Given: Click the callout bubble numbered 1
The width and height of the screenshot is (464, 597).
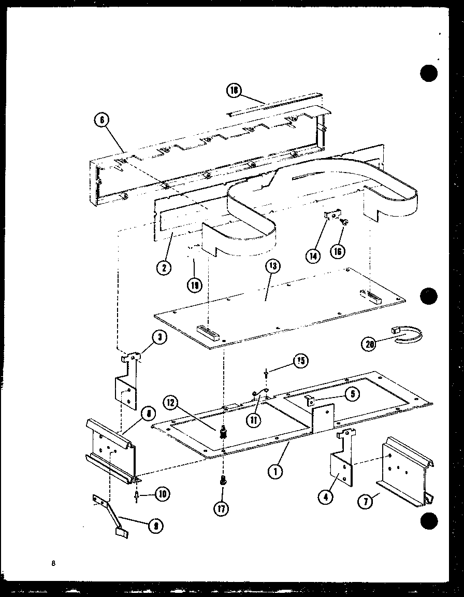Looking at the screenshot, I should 275,471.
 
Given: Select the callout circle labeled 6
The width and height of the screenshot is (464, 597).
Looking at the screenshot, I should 102,121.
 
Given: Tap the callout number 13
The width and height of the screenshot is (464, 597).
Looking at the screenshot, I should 272,267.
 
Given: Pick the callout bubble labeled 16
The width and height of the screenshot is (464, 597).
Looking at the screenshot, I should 338,251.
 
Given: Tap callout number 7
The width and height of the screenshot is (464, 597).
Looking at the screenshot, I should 367,502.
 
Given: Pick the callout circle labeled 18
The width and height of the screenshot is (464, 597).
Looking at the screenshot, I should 234,91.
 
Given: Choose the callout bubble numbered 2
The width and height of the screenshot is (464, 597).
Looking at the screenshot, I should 164,268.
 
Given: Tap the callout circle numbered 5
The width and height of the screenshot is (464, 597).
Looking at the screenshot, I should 353,394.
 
